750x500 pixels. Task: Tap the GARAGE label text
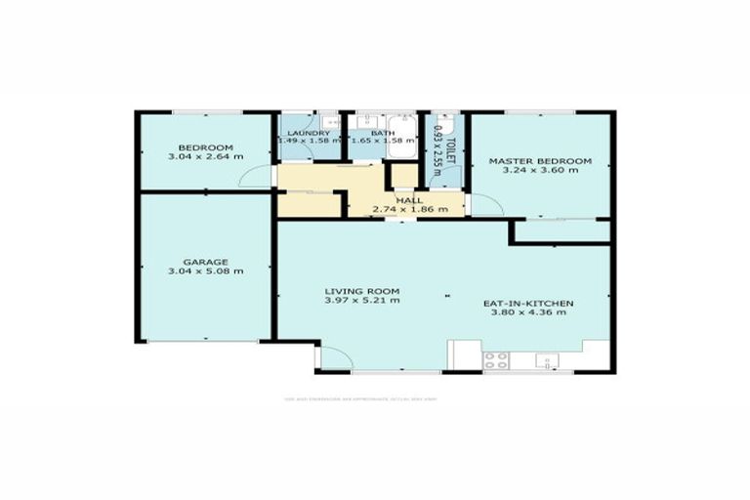point(204,261)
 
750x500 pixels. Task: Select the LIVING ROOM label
point(362,291)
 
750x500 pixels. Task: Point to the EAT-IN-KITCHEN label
point(528,304)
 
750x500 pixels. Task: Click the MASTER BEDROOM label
point(540,160)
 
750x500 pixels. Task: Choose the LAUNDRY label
point(309,131)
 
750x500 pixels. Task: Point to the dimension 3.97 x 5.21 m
point(362,301)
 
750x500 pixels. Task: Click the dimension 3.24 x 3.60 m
point(540,170)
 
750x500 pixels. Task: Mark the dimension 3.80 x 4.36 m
point(528,313)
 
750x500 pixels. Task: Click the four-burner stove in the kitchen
point(496,358)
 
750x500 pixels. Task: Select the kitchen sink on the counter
point(547,360)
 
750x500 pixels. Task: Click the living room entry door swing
point(331,359)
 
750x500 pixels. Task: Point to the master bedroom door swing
point(483,202)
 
